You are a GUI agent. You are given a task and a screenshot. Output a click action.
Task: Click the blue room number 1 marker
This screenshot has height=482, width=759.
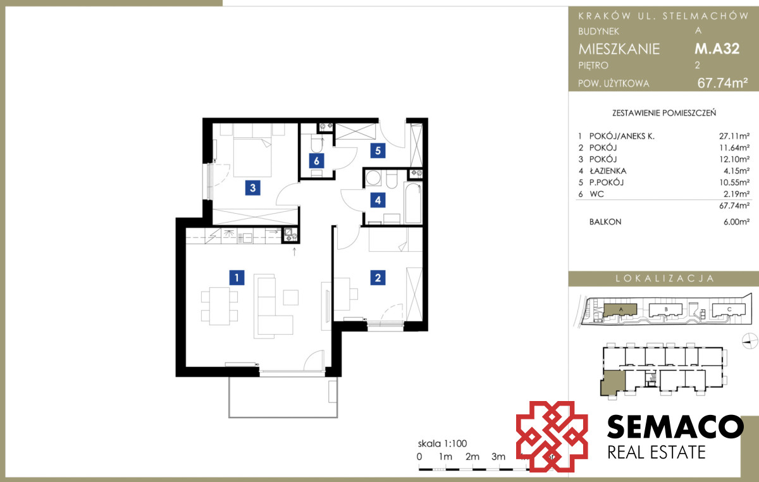click(x=237, y=278)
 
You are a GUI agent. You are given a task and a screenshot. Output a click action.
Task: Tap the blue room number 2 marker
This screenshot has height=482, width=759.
click(x=378, y=278)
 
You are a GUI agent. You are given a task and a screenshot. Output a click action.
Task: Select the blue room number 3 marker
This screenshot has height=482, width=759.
click(x=253, y=188)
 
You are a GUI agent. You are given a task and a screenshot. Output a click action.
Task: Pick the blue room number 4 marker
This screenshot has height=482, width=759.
click(x=378, y=200)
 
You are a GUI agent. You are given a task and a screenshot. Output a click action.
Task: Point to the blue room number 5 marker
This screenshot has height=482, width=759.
click(x=378, y=151)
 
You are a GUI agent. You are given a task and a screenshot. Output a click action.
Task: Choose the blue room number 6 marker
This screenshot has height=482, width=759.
click(x=316, y=161)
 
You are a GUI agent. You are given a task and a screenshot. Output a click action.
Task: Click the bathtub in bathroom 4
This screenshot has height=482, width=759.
click(x=413, y=202)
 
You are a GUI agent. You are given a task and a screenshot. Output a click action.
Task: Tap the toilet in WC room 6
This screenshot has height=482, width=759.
click(x=318, y=144)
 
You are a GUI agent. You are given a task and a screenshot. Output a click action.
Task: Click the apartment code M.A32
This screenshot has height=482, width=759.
click(x=717, y=49)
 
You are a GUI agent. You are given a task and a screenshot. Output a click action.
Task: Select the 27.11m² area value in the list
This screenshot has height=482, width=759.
click(x=734, y=136)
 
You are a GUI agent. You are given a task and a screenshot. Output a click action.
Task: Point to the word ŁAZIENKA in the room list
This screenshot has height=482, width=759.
click(x=608, y=171)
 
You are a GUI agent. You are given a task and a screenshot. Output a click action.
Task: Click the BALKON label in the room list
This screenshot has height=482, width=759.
click(x=605, y=221)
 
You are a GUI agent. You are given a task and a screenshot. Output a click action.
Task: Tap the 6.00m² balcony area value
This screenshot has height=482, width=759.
click(x=736, y=221)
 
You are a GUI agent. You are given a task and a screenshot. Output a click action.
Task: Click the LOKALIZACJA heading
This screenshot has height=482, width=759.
click(x=665, y=278)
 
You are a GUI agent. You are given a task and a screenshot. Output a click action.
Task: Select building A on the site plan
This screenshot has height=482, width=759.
click(x=620, y=310)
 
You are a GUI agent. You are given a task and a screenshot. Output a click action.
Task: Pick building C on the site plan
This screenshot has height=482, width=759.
click(x=729, y=310)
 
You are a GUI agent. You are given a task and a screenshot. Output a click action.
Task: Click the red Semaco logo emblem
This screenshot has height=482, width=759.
click(x=552, y=436)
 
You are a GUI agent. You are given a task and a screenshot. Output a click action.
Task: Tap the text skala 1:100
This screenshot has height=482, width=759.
click(x=442, y=443)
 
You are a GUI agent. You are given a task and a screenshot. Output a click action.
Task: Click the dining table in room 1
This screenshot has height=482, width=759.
click(x=219, y=306)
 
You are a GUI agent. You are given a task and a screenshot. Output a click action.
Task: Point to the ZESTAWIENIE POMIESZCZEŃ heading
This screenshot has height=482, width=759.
click(x=664, y=113)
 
